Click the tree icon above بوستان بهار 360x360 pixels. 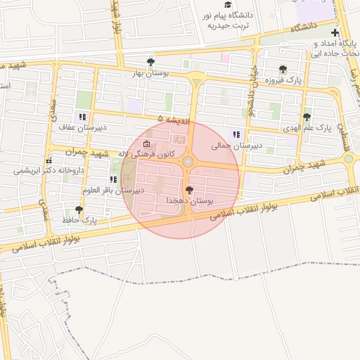(x=149, y=61)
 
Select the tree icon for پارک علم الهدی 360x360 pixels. (x=306, y=117)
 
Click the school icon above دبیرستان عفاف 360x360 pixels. (x=83, y=116)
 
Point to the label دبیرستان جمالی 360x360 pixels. (x=236, y=146)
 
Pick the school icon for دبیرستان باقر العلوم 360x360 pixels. (x=113, y=179)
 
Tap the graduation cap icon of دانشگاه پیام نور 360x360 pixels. (x=226, y=4)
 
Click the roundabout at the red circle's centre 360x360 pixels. (x=188, y=162)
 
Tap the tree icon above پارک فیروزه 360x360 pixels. (x=283, y=69)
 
